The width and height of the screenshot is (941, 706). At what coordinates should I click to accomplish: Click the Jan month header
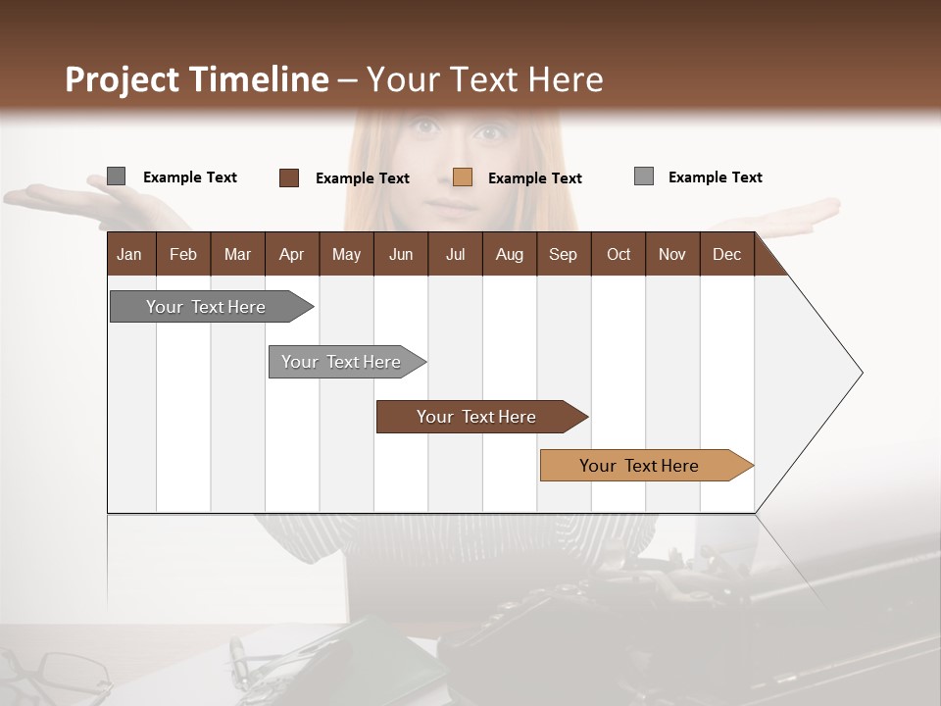click(x=130, y=254)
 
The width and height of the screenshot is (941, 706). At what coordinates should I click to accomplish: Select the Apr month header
click(x=292, y=254)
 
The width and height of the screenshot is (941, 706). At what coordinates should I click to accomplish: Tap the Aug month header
click(x=509, y=254)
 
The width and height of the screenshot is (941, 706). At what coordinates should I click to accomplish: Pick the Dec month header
click(x=726, y=254)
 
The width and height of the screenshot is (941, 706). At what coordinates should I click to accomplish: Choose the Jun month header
click(x=401, y=254)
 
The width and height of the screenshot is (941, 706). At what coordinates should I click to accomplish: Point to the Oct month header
click(x=619, y=254)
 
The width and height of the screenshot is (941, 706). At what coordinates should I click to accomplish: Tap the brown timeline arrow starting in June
click(x=477, y=417)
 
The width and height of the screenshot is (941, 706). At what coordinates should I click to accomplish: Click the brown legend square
click(x=289, y=177)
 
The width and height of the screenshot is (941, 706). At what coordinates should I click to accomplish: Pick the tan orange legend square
click(x=463, y=177)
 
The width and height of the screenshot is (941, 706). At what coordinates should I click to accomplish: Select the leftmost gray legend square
click(x=116, y=176)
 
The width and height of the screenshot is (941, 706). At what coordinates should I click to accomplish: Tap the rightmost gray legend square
click(x=644, y=176)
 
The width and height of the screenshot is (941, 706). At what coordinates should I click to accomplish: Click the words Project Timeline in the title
click(x=196, y=79)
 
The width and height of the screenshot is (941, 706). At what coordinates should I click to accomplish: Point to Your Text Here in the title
click(x=485, y=79)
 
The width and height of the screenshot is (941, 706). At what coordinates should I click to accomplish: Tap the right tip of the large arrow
click(x=860, y=373)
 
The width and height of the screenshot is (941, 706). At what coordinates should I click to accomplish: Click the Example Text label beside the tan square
click(x=534, y=178)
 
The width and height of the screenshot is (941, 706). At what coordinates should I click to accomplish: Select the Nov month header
click(x=672, y=254)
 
